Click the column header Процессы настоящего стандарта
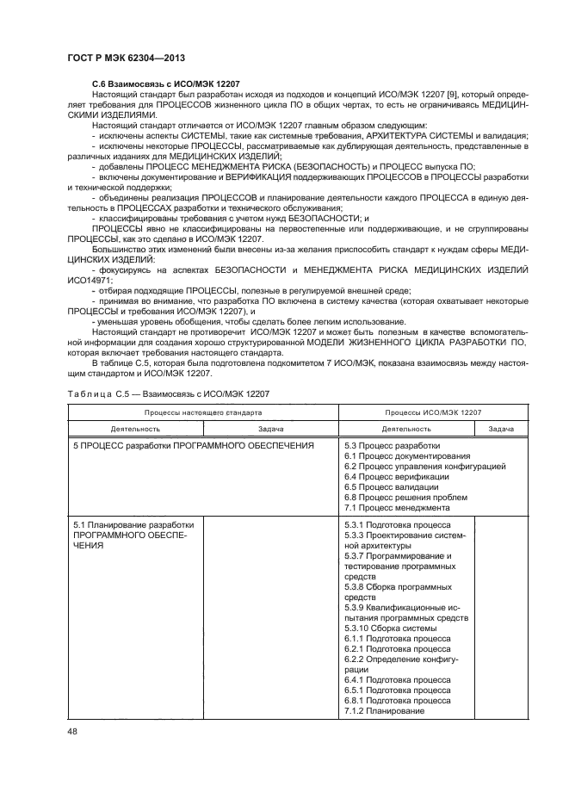(x=203, y=412)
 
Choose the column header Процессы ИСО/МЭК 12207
(x=433, y=412)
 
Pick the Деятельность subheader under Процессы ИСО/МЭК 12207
(x=406, y=428)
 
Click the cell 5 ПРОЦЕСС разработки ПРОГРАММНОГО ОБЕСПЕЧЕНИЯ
(x=193, y=445)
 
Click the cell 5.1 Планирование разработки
(x=133, y=524)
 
